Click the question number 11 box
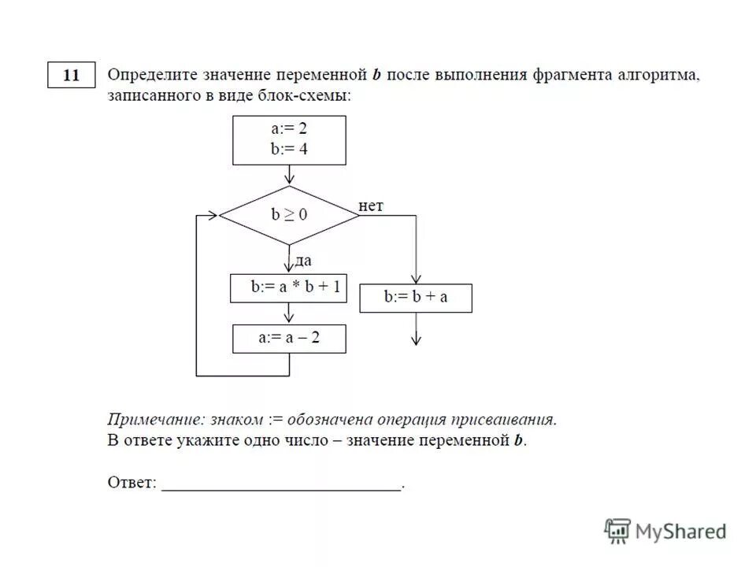(71, 76)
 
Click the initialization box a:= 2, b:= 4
(289, 140)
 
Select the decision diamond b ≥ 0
(289, 215)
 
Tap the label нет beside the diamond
(371, 206)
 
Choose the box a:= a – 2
(289, 339)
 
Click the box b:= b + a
(416, 298)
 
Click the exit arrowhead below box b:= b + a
(417, 340)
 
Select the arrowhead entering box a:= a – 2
(289, 319)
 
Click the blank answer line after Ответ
(282, 487)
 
